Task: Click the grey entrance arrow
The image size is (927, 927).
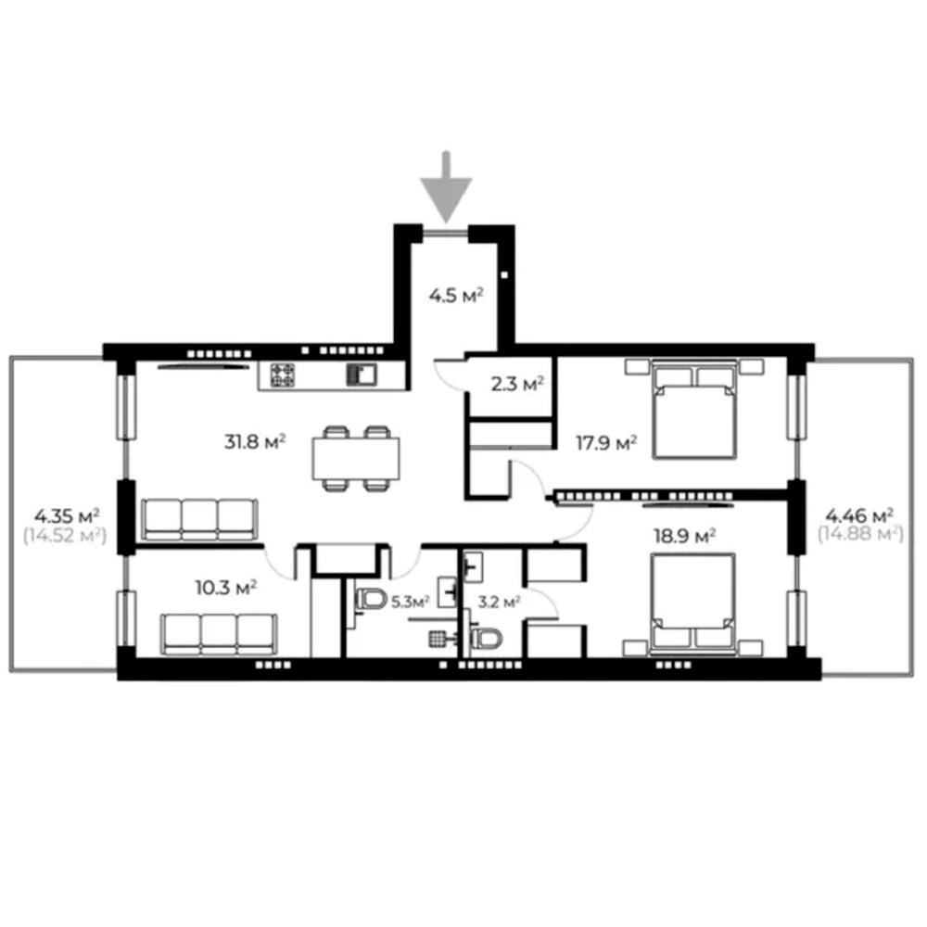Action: (446, 187)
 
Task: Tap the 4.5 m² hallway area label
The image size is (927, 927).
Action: (456, 295)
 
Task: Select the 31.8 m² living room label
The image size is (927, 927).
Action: (255, 441)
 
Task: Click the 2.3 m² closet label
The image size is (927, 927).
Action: (517, 385)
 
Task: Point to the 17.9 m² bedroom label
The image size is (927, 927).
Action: (606, 443)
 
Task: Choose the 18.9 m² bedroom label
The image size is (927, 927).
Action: (685, 536)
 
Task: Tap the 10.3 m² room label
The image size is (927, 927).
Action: (226, 588)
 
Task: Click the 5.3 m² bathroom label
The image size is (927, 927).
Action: (411, 603)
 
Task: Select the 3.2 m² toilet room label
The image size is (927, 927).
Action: (499, 603)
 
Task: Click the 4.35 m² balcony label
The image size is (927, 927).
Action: (66, 515)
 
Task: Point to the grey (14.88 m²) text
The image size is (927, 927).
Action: (860, 535)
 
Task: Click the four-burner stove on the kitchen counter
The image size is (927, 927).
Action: (283, 375)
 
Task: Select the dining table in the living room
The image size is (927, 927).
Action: (356, 458)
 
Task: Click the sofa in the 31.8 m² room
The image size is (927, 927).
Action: (200, 520)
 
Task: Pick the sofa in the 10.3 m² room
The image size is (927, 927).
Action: (219, 634)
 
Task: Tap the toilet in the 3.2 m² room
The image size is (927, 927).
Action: (486, 639)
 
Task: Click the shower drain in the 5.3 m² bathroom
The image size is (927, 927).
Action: (437, 639)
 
